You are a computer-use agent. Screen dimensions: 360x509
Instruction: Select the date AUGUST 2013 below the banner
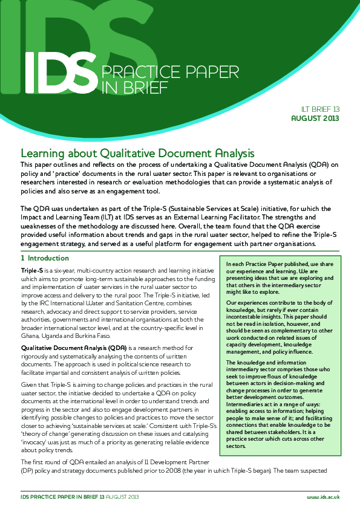315,118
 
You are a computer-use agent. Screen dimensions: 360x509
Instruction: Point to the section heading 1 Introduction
45,258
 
